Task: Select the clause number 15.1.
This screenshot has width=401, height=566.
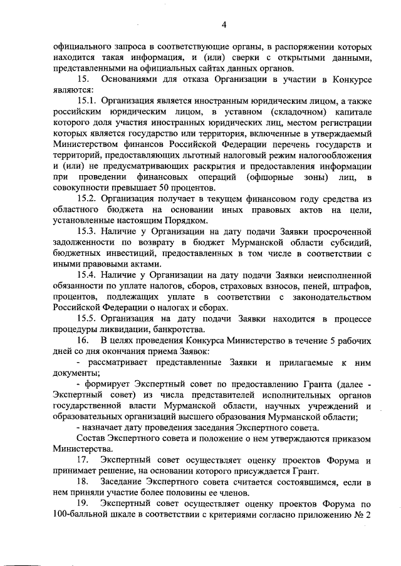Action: (86, 99)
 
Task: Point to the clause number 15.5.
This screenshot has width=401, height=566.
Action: (86, 319)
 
